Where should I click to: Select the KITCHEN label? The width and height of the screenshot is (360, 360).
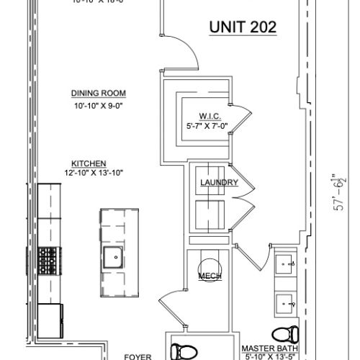click(x=89, y=163)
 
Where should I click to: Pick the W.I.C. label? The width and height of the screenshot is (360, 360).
click(x=212, y=117)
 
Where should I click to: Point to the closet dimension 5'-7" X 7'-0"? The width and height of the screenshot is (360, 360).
click(x=212, y=127)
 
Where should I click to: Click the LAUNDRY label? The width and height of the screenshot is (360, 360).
click(x=219, y=183)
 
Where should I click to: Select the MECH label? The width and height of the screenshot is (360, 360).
click(x=210, y=276)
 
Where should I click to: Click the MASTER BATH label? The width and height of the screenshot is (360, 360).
click(x=269, y=347)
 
